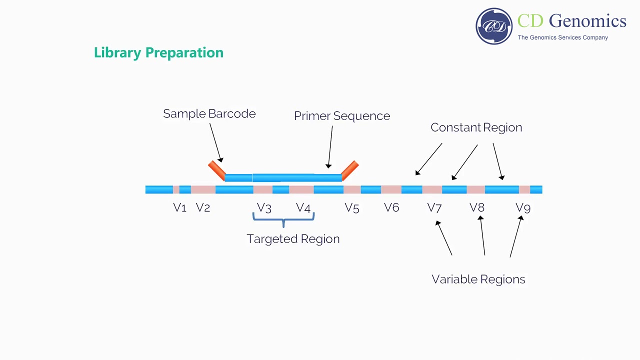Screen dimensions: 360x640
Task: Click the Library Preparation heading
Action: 158,53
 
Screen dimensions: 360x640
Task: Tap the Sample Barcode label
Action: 209,114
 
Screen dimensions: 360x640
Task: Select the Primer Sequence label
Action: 341,116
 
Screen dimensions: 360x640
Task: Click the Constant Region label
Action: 476,127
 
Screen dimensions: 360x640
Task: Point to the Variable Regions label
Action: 478,279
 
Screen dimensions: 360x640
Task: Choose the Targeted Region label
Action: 293,239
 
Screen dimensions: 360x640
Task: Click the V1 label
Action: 179,207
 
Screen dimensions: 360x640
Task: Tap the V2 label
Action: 202,207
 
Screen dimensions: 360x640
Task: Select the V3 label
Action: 264,207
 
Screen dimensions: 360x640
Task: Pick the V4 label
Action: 303,207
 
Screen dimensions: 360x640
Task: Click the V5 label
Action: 351,207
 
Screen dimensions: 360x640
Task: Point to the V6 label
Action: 391,207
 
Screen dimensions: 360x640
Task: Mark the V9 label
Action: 522,207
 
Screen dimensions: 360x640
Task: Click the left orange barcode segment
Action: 217,170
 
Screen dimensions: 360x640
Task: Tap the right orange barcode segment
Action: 350,170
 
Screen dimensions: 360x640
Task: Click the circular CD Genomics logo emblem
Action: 494,26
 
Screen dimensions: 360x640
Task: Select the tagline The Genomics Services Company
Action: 562,37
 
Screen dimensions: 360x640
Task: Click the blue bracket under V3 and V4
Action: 283,218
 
